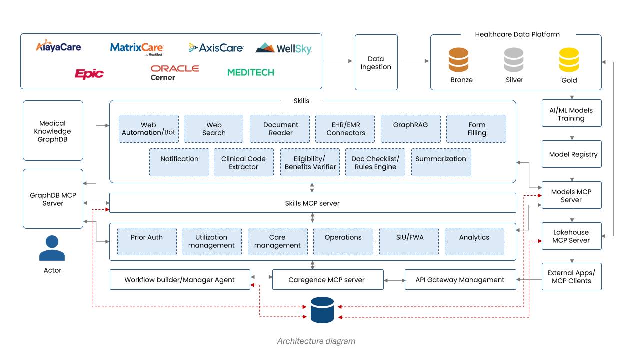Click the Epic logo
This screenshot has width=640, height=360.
(x=89, y=74)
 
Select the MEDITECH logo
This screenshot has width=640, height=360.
(x=251, y=72)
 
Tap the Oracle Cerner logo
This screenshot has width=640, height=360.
(x=175, y=73)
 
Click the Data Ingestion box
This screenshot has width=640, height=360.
(x=376, y=62)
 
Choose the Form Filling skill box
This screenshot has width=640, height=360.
(x=476, y=129)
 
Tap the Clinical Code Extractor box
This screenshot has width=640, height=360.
(x=244, y=162)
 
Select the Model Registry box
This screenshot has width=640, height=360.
(x=572, y=154)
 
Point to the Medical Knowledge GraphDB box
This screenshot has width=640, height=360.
(x=53, y=131)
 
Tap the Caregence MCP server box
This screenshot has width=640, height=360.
(x=327, y=280)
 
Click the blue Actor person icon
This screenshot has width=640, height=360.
(x=52, y=248)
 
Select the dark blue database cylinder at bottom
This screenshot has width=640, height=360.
(x=322, y=310)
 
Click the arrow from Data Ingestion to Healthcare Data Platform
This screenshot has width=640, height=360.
(x=414, y=61)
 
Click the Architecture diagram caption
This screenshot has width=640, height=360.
(x=316, y=341)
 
